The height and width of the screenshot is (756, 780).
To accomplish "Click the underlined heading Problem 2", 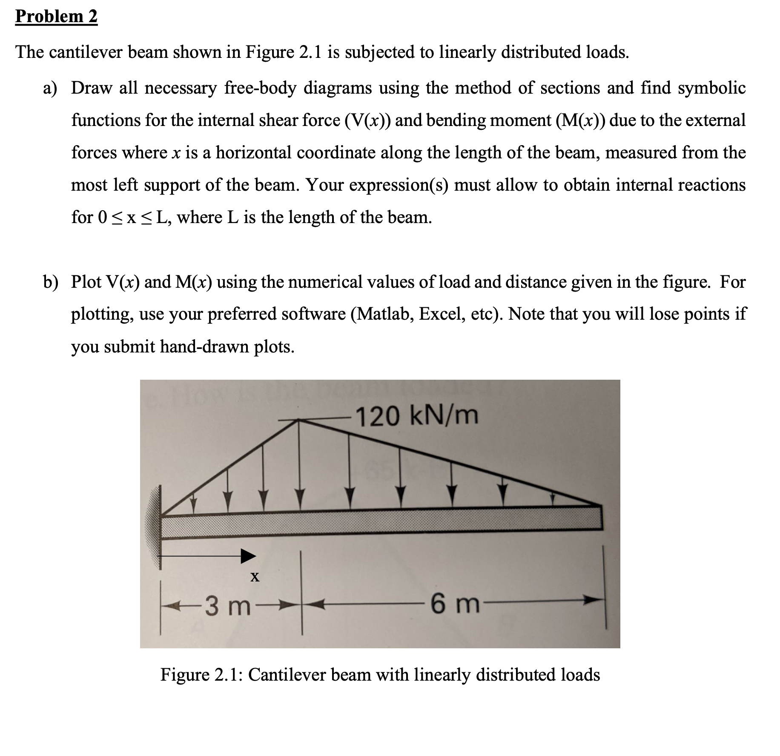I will (56, 17).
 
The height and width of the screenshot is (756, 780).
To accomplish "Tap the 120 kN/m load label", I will (417, 416).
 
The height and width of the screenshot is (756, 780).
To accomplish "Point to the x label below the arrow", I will (255, 577).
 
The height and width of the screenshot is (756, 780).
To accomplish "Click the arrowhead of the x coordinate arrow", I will (249, 556).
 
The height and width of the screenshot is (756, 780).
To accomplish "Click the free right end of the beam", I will (600, 517).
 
